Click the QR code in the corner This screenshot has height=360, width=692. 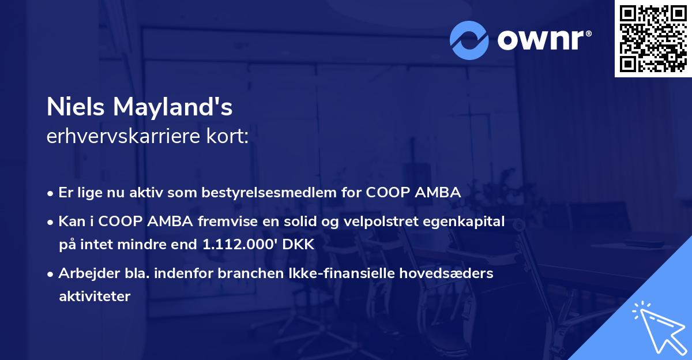(653, 39)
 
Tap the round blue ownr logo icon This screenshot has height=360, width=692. (469, 40)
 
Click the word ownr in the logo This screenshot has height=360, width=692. (540, 40)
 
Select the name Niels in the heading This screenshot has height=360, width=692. (76, 107)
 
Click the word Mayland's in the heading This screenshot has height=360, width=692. (172, 107)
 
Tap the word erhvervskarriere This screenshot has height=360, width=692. (123, 136)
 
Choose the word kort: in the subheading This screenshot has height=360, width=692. (227, 136)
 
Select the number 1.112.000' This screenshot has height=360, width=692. (240, 244)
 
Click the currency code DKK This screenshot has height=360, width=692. (298, 245)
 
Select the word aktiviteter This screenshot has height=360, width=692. (95, 297)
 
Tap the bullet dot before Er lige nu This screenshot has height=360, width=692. (50, 194)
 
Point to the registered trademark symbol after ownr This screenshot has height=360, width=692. (588, 33)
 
